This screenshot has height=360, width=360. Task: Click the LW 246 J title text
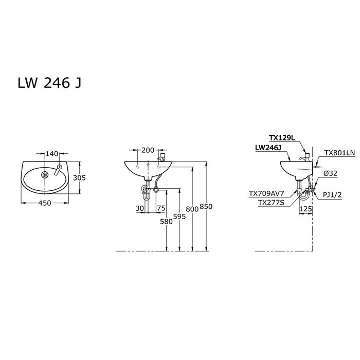(49, 83)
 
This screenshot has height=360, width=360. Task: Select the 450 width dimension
(45, 203)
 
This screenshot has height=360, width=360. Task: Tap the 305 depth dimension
(79, 178)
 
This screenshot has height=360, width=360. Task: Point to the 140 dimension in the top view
(52, 154)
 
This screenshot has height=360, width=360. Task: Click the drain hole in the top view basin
(45, 175)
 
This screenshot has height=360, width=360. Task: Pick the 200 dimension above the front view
(148, 150)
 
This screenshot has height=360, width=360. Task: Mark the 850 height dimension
(206, 207)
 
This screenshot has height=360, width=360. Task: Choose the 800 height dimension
(192, 209)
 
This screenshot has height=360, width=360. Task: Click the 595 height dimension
(179, 217)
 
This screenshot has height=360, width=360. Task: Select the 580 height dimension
(167, 222)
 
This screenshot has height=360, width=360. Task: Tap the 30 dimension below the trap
(139, 208)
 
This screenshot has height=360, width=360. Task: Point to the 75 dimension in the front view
(161, 208)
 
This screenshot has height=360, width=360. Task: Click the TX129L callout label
(282, 138)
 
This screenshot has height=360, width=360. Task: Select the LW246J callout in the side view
(268, 148)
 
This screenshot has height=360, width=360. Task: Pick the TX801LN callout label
(339, 153)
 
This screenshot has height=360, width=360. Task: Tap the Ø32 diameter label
(331, 173)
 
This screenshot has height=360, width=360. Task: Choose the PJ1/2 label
(332, 195)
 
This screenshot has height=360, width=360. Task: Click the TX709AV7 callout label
(266, 194)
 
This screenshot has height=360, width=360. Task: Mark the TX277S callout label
(271, 203)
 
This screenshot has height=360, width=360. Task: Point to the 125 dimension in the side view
(306, 209)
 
